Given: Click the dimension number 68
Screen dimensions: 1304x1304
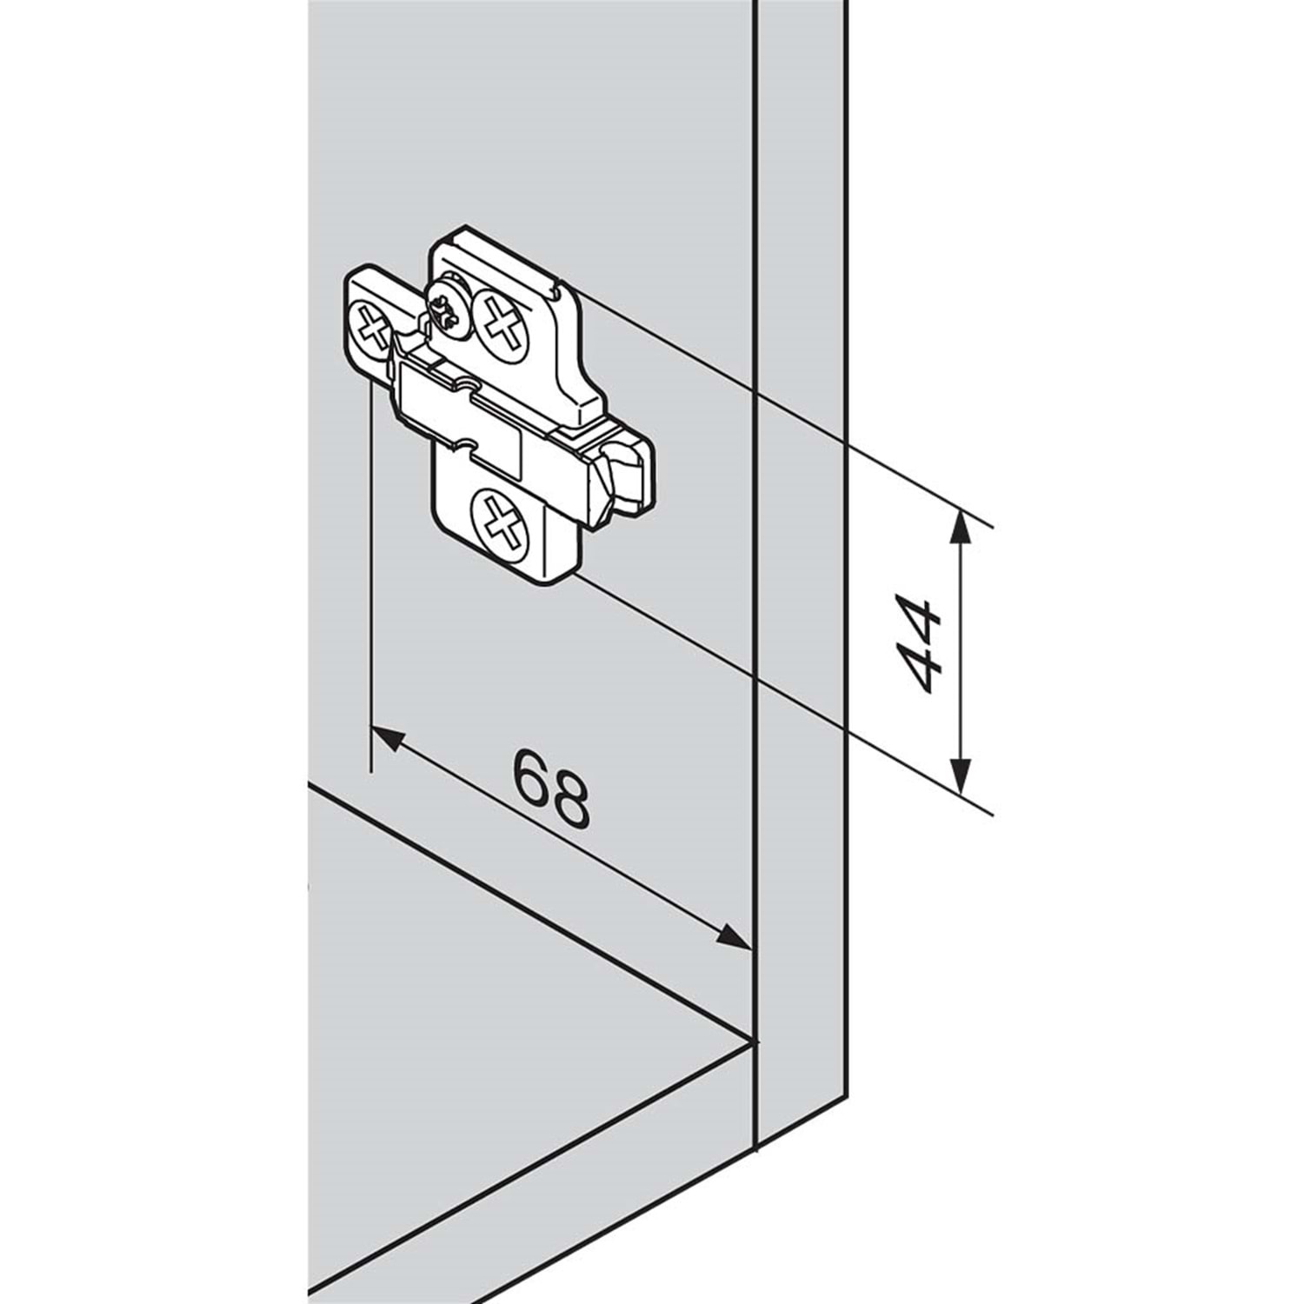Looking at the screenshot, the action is pos(551,788).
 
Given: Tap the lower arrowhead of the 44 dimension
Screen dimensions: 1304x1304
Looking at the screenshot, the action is pos(959,775).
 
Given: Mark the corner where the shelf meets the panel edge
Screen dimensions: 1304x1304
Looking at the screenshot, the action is pos(752,1040).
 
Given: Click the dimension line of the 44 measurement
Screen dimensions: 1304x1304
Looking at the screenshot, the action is pos(959,651).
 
